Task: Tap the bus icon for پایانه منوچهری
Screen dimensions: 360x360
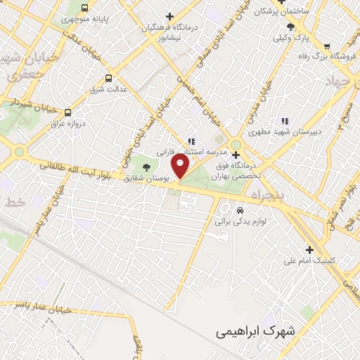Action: point(85,8)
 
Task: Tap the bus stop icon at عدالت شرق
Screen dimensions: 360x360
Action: point(108,78)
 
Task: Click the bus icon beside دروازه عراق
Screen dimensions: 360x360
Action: point(67,112)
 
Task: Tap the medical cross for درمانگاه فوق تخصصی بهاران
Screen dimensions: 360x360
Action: point(237,154)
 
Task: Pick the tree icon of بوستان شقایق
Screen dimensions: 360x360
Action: point(146,167)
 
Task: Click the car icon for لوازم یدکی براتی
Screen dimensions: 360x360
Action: point(240,210)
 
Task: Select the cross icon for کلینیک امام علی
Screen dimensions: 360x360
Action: point(309,249)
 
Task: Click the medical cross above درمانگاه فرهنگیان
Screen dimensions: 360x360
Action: point(169,16)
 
